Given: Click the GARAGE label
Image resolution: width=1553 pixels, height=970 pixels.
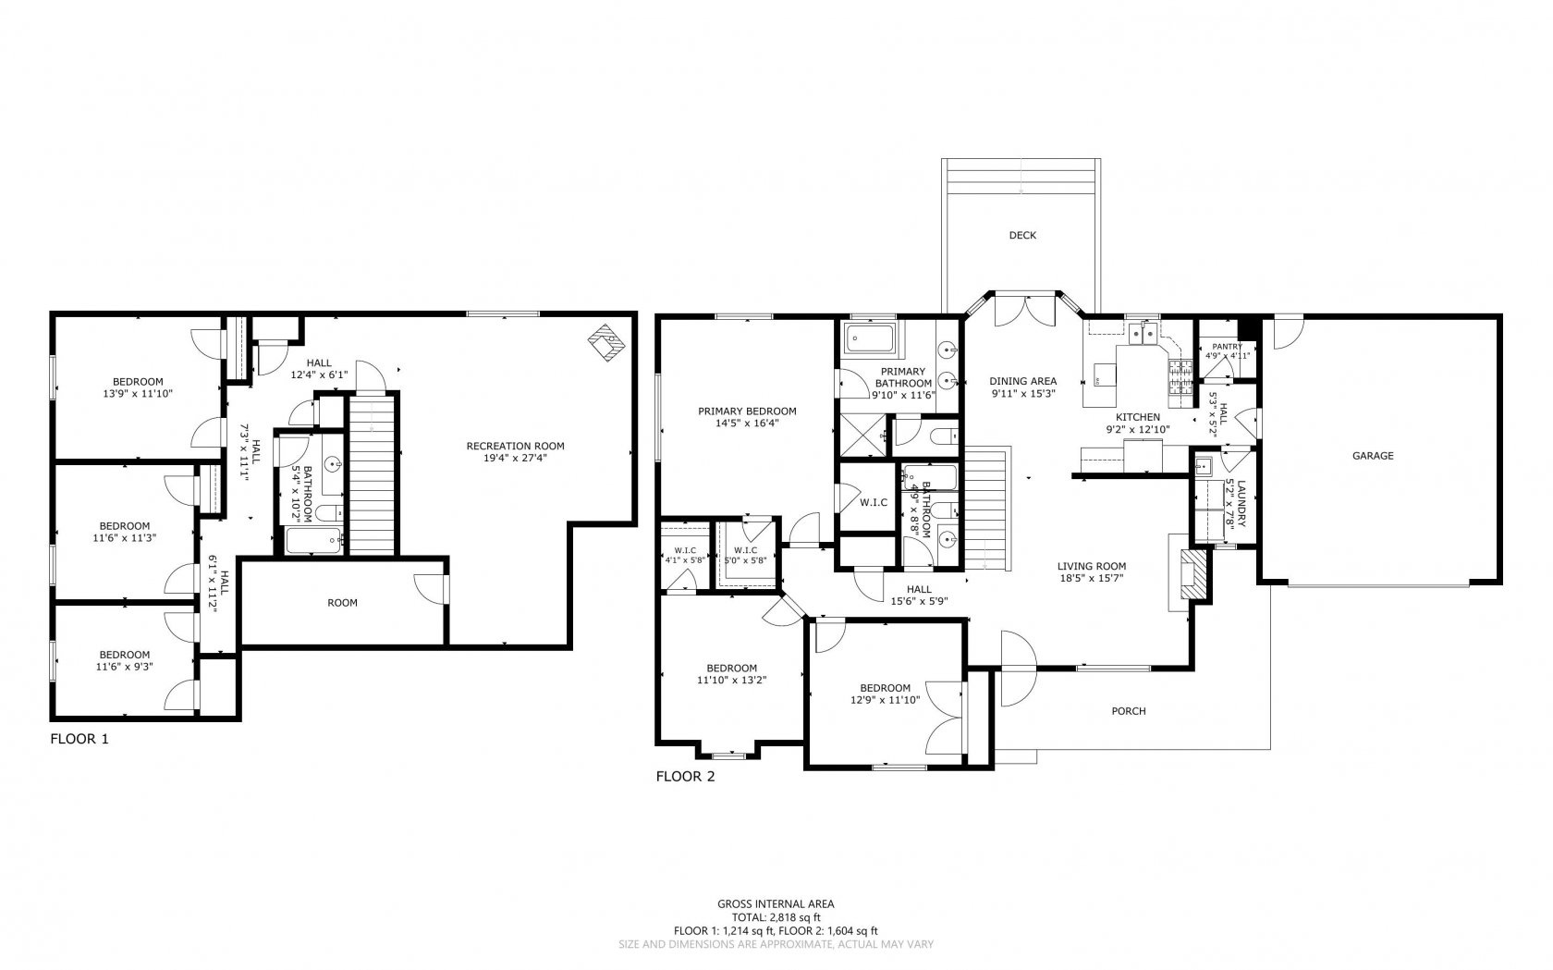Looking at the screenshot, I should click(x=1373, y=456).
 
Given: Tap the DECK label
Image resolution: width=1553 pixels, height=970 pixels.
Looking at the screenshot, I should click(x=1022, y=236).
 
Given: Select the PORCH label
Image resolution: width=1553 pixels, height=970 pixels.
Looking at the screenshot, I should click(x=1128, y=711).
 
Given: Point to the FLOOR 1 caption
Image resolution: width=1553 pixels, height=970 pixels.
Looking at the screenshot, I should click(x=79, y=739).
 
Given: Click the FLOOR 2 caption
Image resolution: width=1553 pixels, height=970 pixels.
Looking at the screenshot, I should click(x=685, y=777).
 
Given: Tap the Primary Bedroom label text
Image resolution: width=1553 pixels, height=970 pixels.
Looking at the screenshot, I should click(x=747, y=411).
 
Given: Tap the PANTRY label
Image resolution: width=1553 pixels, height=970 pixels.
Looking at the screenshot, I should click(x=1227, y=347).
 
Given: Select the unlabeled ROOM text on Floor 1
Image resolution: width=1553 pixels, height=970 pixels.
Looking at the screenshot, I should click(x=342, y=603).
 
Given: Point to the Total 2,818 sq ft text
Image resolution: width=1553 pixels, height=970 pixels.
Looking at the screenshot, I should click(x=776, y=917).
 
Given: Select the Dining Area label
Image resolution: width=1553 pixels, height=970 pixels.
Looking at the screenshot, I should click(x=1022, y=381).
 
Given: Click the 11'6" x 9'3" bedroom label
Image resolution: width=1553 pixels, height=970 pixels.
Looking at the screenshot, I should click(x=124, y=660).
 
